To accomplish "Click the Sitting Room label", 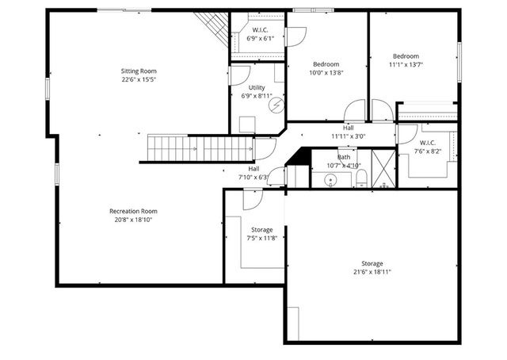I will coord(139,71).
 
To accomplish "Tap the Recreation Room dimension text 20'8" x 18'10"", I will coord(133,220).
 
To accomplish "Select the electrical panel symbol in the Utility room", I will coord(276,104).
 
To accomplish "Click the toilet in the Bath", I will coord(360,182).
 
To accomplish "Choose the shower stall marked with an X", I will coord(382,170).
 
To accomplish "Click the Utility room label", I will coord(257,87).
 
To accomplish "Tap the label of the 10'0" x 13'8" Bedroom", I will coord(326,64).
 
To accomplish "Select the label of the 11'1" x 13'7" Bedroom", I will coord(406,56).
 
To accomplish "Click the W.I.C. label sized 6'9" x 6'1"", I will coord(257,30).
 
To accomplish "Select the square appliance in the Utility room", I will coord(247,124).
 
